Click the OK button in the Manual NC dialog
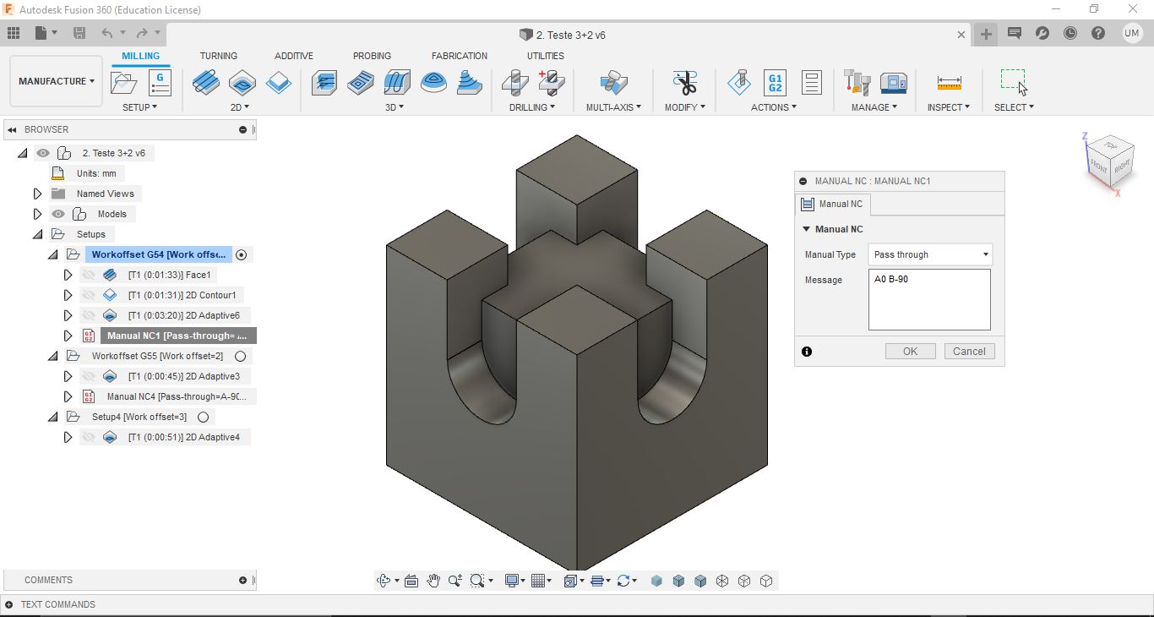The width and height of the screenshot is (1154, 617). click(910, 352)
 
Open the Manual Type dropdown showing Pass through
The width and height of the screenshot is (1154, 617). click(929, 254)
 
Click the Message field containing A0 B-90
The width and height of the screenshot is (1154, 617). click(929, 299)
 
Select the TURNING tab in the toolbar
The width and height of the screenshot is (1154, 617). click(219, 56)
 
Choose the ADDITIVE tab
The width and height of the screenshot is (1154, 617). click(294, 56)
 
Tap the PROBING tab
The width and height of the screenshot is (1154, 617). click(372, 56)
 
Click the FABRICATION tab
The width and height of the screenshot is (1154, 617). click(460, 56)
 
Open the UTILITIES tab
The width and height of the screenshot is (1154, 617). click(546, 56)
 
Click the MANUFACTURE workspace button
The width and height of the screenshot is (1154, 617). click(56, 81)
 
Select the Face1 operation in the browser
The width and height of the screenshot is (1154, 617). click(169, 275)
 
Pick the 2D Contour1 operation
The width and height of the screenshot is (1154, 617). click(182, 295)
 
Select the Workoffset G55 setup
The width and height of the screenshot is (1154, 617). click(157, 356)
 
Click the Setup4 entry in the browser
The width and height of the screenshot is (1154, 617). click(139, 417)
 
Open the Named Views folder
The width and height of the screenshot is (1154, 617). click(105, 194)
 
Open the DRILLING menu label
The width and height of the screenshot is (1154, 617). click(531, 107)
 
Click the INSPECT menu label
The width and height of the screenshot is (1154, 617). click(948, 107)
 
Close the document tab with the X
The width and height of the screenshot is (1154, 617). click(961, 35)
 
